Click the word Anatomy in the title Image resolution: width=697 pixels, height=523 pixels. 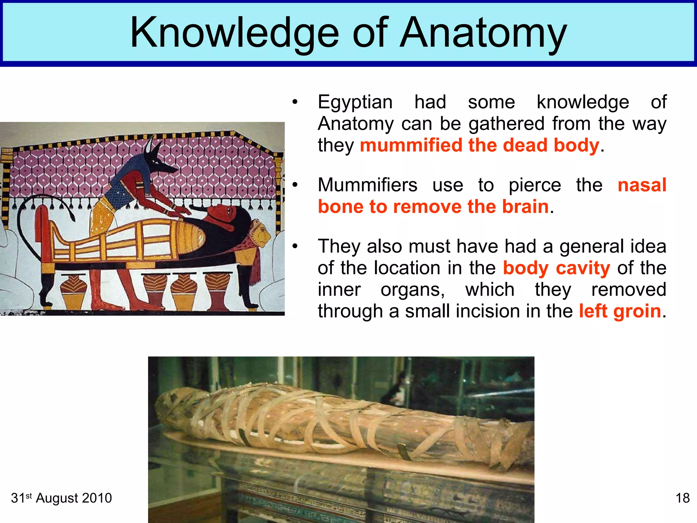(x=483, y=33)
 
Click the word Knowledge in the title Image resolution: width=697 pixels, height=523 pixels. (x=234, y=33)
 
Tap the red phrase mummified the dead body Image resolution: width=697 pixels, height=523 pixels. (x=479, y=145)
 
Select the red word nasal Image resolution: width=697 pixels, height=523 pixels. (x=642, y=185)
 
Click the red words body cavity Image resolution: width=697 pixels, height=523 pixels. (x=556, y=268)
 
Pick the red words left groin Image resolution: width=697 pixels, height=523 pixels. (x=620, y=311)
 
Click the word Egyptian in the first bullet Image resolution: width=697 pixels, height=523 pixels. (x=355, y=102)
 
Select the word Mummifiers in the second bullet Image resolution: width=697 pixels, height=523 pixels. (x=368, y=185)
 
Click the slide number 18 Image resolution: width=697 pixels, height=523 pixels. (x=682, y=498)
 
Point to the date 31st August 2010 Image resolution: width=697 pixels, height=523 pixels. (x=61, y=498)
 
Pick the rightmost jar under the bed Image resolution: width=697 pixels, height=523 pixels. (x=218, y=291)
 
